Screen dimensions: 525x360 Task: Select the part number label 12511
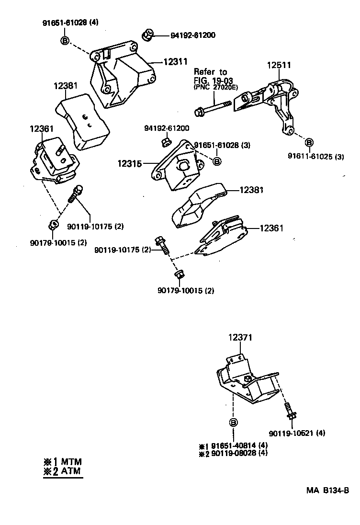(x=279, y=65)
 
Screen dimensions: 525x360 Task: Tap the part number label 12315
(x=129, y=163)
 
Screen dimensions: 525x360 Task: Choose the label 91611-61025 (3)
(x=316, y=156)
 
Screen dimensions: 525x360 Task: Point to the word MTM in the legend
(x=71, y=462)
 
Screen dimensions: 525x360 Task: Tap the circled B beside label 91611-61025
(x=309, y=142)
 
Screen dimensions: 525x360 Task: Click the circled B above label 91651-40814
(x=233, y=422)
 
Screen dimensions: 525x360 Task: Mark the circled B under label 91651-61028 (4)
(x=66, y=41)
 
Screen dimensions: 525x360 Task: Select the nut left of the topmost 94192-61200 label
(x=147, y=34)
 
